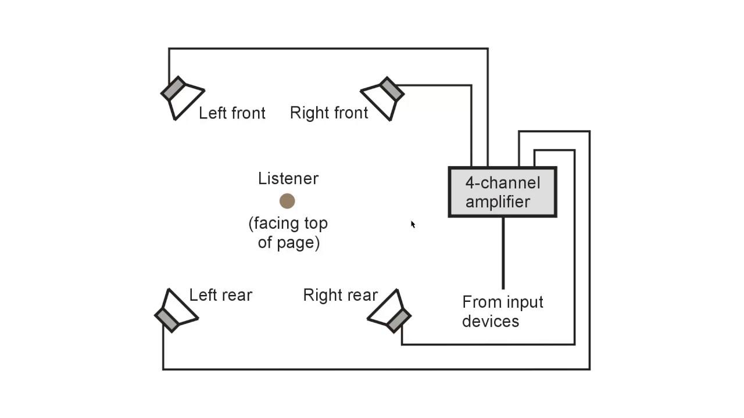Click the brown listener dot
tap(287, 201)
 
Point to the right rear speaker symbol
tap(389, 311)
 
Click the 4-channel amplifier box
tap(503, 192)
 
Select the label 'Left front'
tap(232, 113)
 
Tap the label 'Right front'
tap(329, 113)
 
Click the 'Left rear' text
tap(220, 295)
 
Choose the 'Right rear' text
tap(341, 295)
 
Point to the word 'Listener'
tap(288, 178)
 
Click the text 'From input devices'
tap(503, 312)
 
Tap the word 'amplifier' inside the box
tap(498, 202)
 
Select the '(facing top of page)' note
tap(288, 233)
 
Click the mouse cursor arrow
tap(413, 225)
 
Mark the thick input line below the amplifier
tap(503, 253)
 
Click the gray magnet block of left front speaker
tap(173, 88)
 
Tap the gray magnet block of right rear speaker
tap(399, 320)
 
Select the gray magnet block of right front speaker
tap(392, 89)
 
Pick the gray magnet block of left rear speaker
tap(167, 320)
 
